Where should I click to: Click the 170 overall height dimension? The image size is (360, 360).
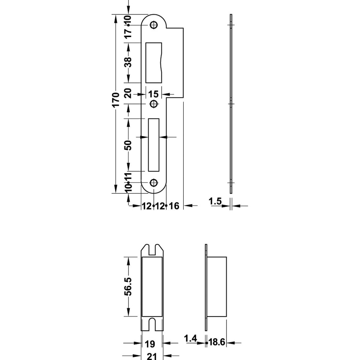point(116,99)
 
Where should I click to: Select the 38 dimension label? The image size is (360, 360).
point(128,62)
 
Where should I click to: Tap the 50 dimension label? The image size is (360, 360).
point(128,145)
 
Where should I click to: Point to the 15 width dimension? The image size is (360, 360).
point(153,94)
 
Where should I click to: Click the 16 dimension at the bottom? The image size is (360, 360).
point(174,206)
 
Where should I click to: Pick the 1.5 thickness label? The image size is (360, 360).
point(215,201)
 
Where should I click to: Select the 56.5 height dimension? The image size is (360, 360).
point(128,286)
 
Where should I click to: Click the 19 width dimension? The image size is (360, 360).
point(150,344)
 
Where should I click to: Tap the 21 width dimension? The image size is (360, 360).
point(152,356)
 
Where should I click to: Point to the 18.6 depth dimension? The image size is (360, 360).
point(217,342)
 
